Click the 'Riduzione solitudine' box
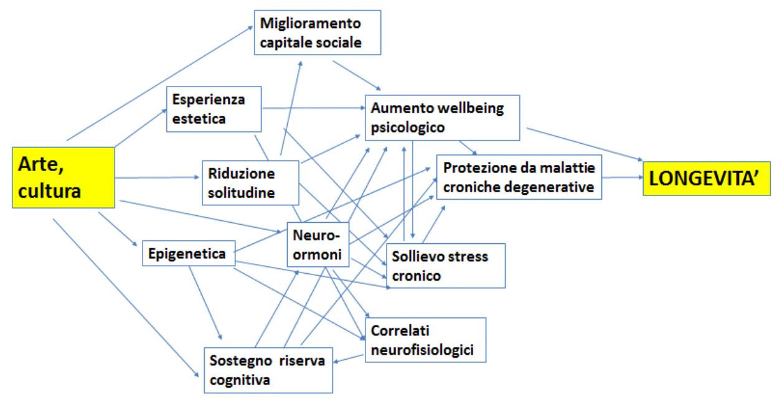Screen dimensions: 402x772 click(250, 181)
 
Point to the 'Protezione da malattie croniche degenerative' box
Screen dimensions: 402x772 click(519, 177)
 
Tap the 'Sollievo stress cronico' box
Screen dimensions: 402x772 click(445, 265)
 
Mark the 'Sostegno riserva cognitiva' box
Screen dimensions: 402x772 click(268, 370)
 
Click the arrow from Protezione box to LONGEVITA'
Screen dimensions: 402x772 click(623, 177)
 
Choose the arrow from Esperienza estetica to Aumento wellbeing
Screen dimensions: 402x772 click(311, 109)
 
